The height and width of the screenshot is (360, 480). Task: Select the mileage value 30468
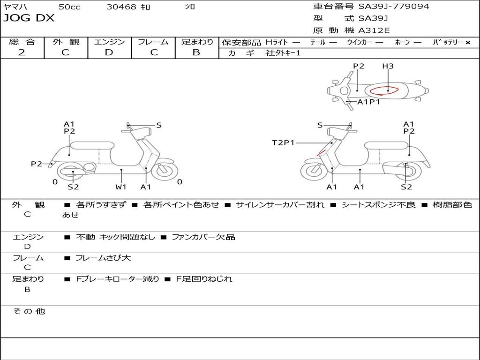(x=121, y=7)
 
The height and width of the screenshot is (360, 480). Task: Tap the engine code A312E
(x=374, y=31)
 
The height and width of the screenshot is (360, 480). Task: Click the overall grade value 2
(x=22, y=52)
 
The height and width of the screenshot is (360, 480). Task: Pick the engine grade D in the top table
(x=109, y=52)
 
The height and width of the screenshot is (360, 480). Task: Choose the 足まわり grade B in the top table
(x=196, y=52)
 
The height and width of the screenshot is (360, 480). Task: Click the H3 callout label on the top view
(x=388, y=66)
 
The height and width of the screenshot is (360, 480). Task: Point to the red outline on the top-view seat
(x=383, y=90)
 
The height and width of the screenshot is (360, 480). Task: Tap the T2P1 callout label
(x=283, y=142)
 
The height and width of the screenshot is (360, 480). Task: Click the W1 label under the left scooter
(x=121, y=187)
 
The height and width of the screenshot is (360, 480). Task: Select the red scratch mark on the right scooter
(x=321, y=153)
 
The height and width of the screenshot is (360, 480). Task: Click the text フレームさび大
(x=104, y=258)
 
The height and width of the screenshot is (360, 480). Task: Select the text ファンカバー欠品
(x=203, y=237)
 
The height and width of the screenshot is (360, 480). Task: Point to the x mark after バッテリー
(x=467, y=43)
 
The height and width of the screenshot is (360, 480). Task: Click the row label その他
(x=29, y=311)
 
